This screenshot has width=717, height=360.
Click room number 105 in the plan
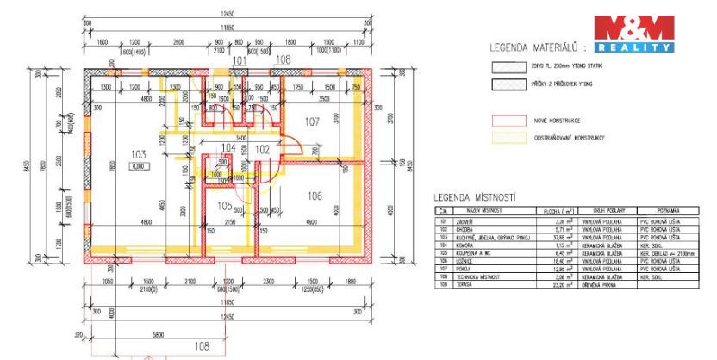click(223, 206)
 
